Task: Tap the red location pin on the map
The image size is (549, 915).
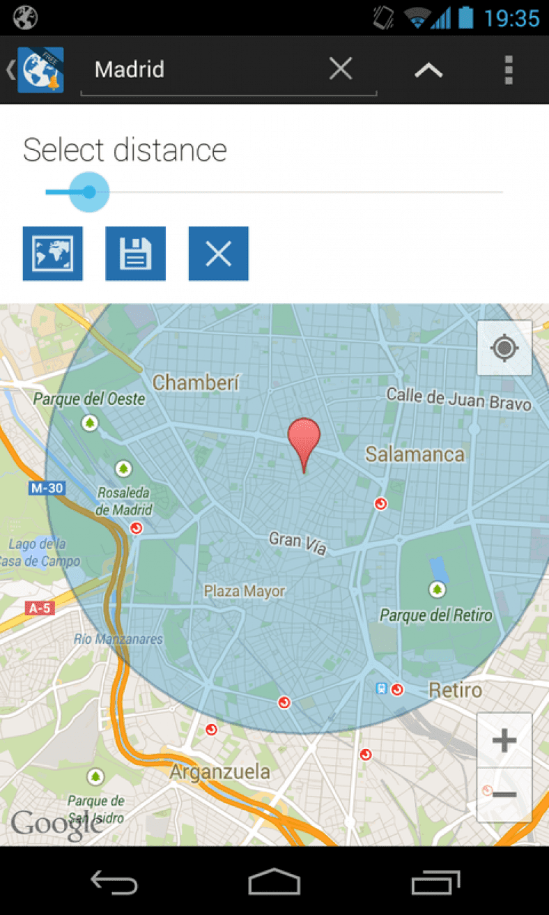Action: tap(304, 439)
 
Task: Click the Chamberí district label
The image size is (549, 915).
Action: tap(196, 382)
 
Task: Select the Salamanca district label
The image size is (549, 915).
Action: tap(415, 454)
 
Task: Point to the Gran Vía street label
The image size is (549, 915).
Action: tap(297, 543)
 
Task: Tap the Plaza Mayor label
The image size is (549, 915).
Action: tap(245, 592)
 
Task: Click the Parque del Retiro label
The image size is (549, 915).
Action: tap(435, 615)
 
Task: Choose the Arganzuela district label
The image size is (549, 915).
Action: tap(220, 771)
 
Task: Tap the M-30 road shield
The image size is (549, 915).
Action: tap(47, 489)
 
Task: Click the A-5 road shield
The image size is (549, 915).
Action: tap(40, 608)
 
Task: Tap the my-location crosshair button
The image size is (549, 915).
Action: tap(504, 348)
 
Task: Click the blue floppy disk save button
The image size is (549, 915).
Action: tap(135, 254)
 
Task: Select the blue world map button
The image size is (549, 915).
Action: tap(53, 254)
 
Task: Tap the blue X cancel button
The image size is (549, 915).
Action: tap(218, 254)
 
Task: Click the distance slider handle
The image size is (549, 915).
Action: tap(89, 192)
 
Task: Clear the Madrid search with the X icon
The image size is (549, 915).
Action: tap(341, 69)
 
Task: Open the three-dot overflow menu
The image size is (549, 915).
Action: tap(509, 70)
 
